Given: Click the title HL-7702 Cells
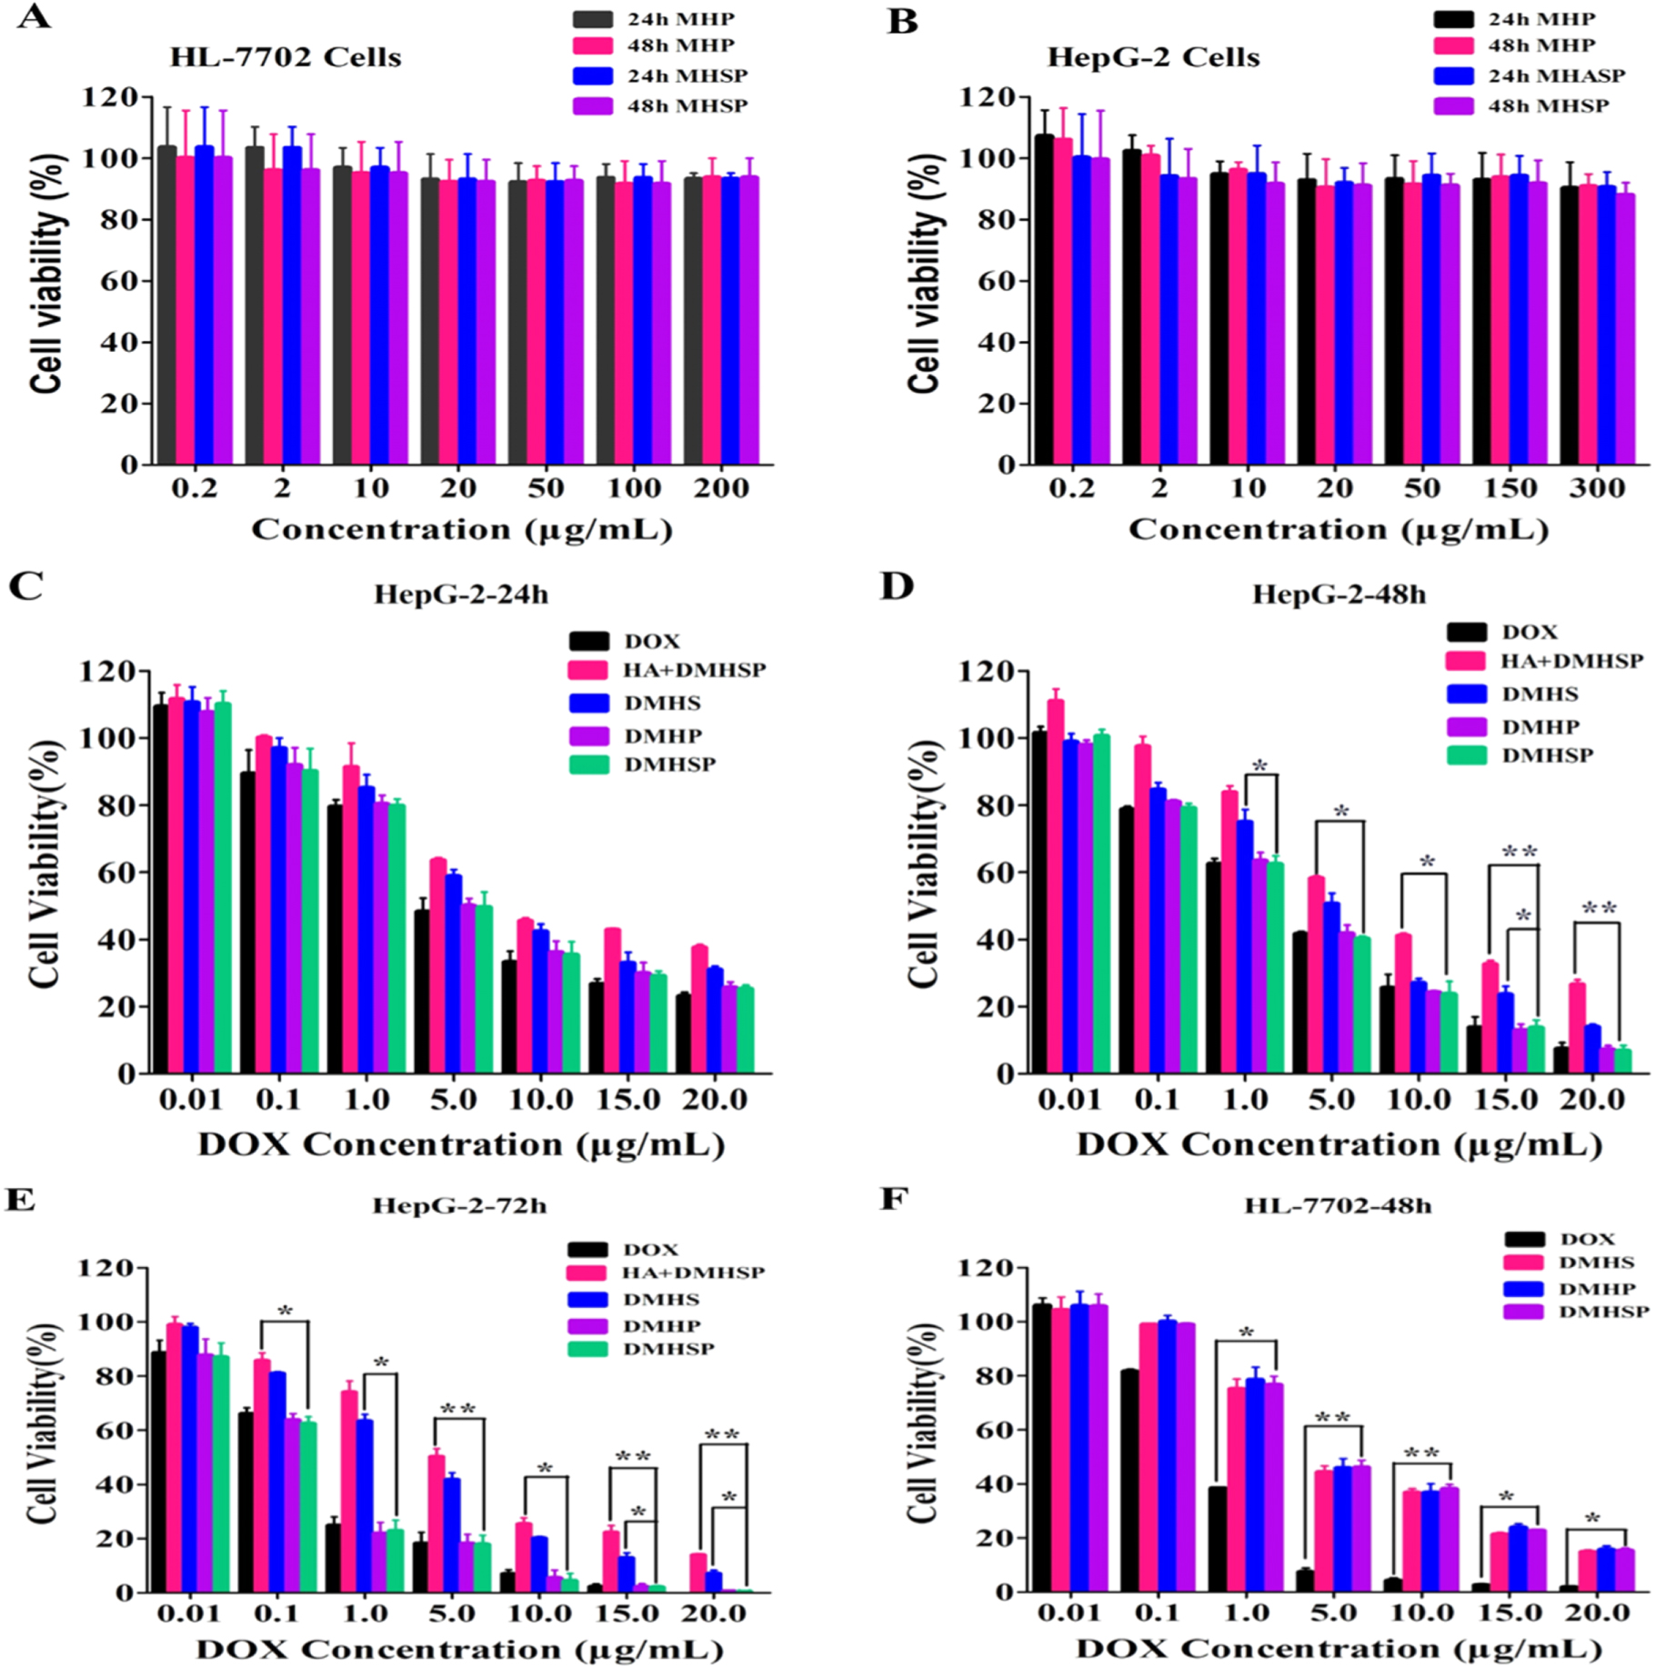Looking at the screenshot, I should pos(286,56).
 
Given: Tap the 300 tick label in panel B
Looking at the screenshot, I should pos(1597,488).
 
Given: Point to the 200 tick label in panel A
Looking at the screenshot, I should pos(721,488).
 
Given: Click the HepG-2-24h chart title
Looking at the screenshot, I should pos(461,594).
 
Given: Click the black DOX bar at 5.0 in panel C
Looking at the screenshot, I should pos(422,991).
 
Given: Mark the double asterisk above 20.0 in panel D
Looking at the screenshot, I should pos(1599,908).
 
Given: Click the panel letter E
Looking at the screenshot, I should pos(20,1200).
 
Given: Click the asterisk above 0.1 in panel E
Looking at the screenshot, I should pos(286,1311).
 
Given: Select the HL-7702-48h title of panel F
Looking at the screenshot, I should pos(1337,1205).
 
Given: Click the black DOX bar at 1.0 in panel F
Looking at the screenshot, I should pos(1217,1540).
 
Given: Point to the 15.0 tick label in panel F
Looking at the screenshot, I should pos(1509,1613).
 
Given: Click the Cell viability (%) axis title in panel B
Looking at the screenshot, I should pos(923,273).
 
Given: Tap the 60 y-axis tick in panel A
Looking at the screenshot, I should pos(118,281).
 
